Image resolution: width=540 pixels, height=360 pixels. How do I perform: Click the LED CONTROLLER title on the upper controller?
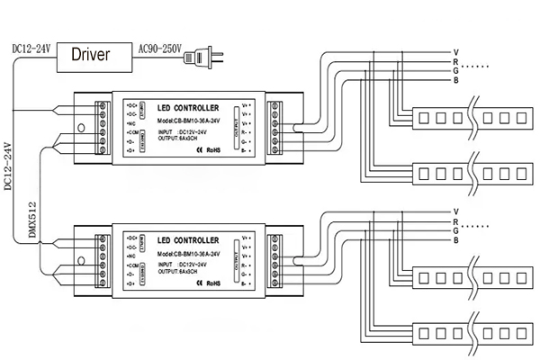point(188,107)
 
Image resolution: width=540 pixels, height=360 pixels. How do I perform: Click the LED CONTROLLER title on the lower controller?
point(188,240)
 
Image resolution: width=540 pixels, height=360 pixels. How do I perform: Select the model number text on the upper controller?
point(187,120)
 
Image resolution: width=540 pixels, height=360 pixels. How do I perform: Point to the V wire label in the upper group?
point(457,51)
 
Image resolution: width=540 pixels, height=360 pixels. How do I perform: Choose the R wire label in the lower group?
point(457,221)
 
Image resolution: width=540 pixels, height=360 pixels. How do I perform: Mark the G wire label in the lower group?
point(457,231)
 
